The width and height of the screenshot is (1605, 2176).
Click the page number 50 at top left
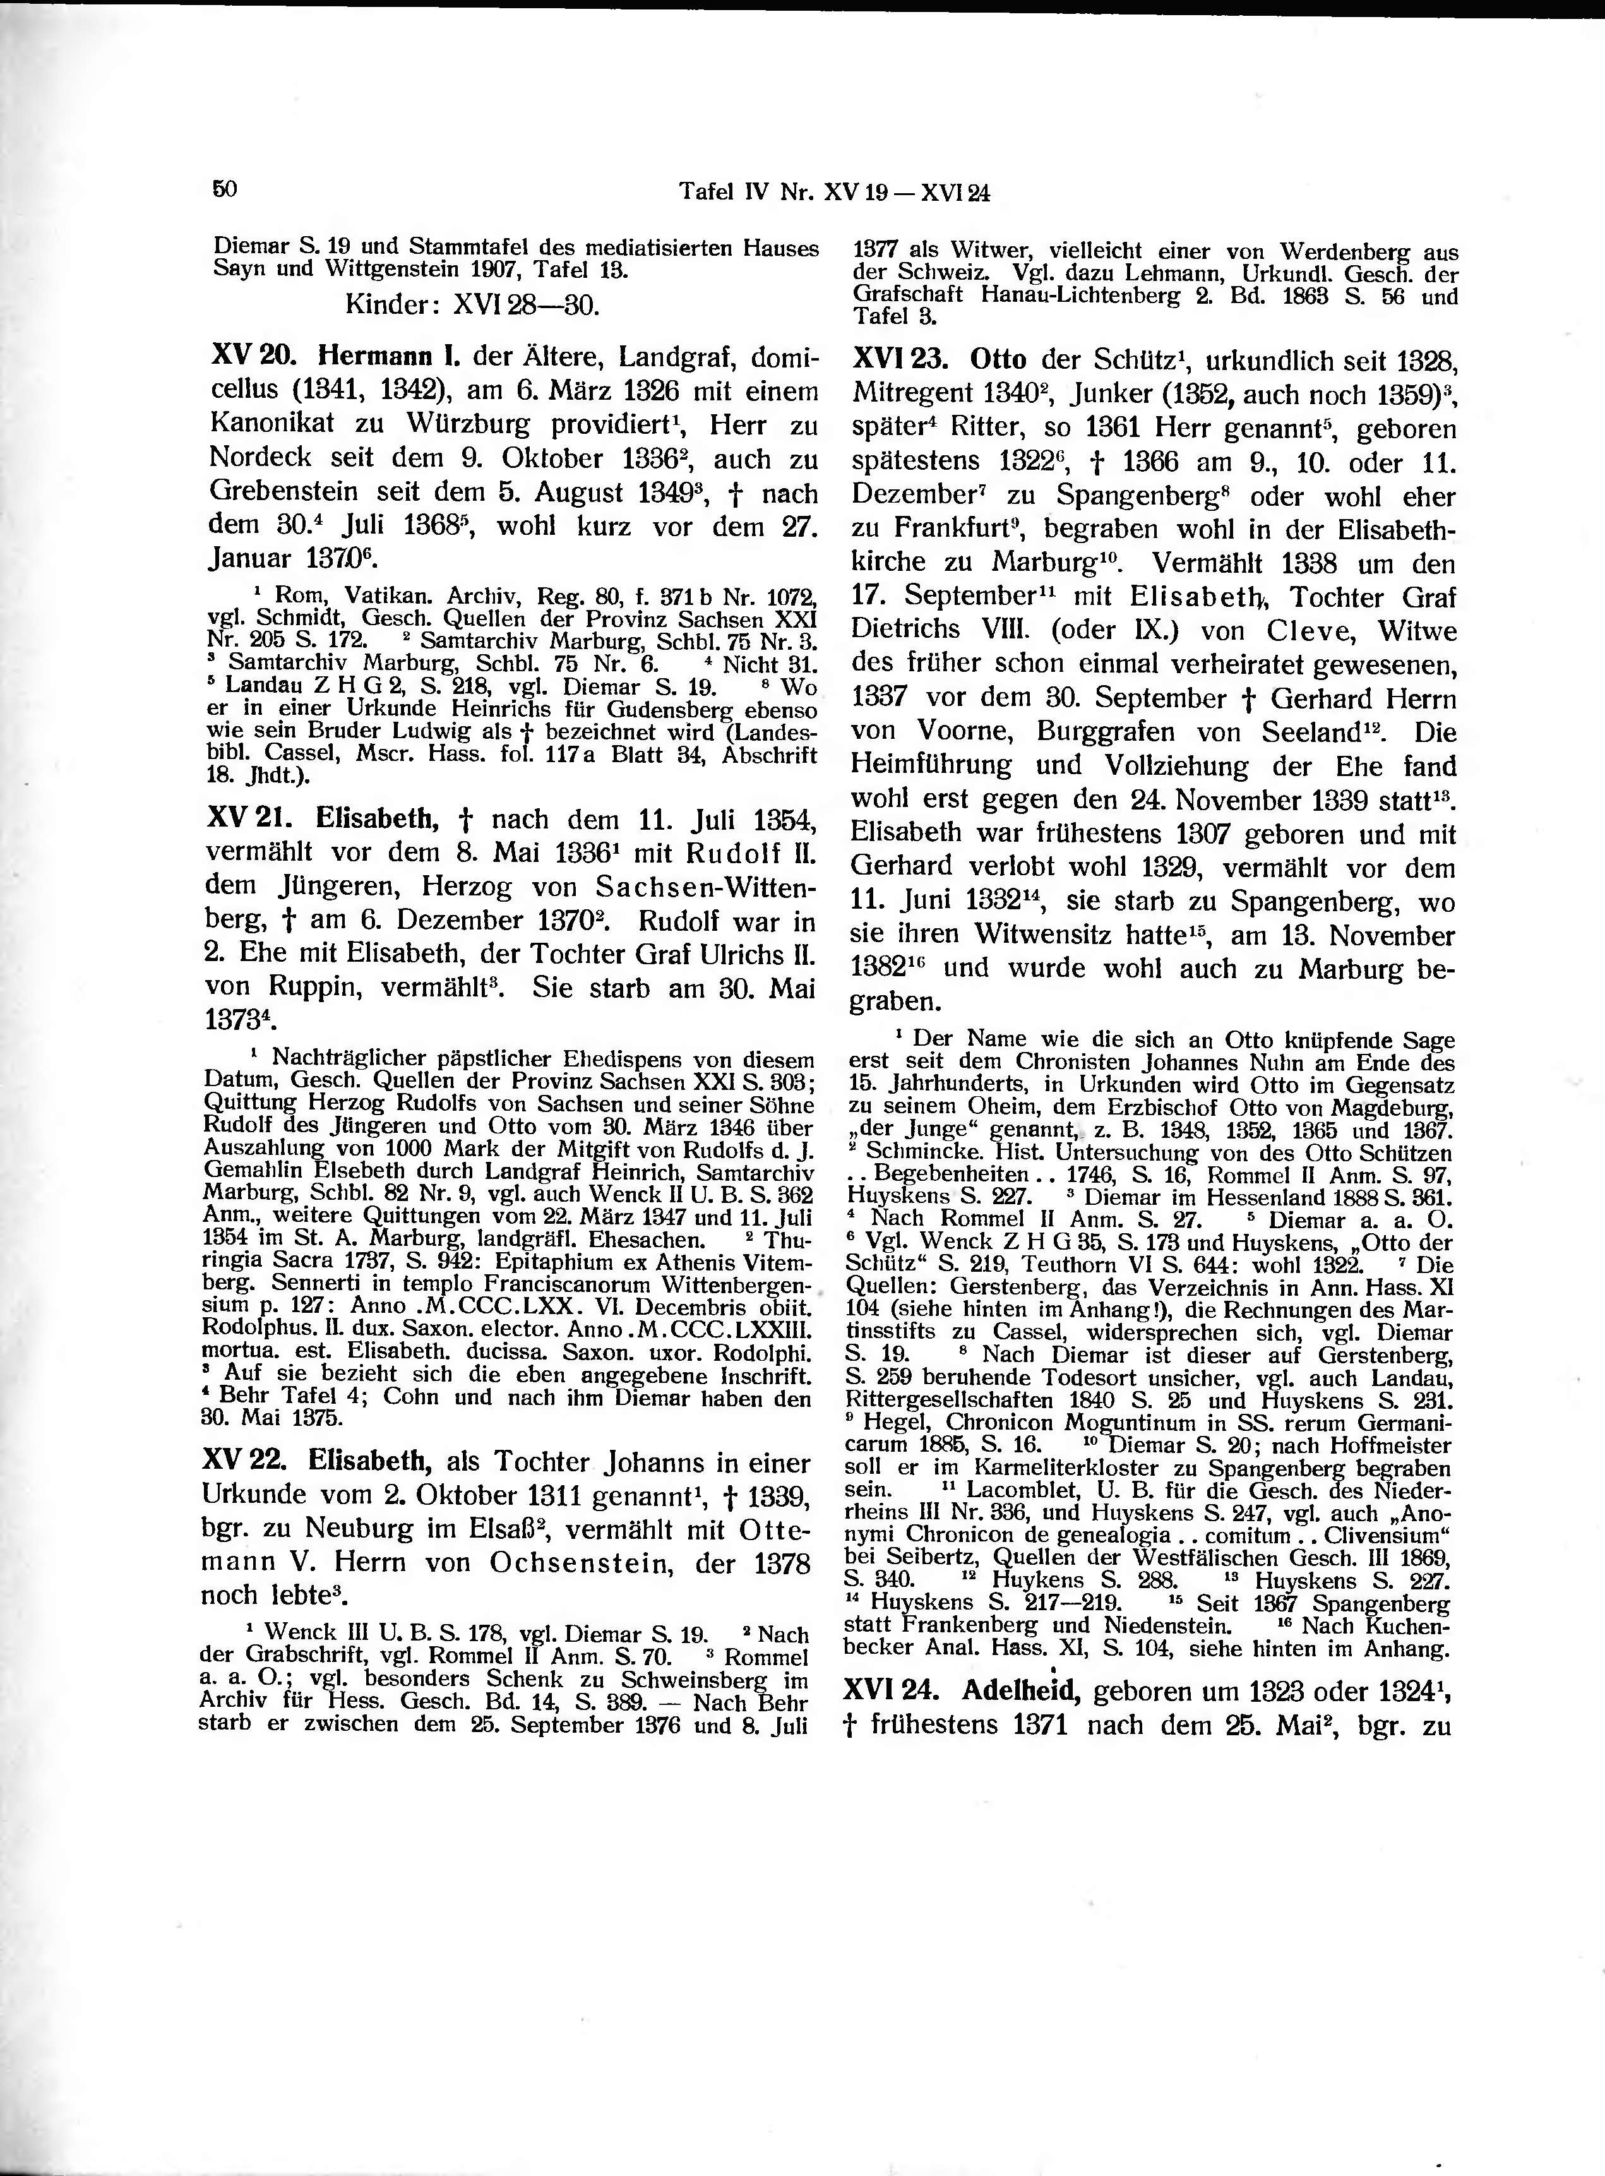point(225,189)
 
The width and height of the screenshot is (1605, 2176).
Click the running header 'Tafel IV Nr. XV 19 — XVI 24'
point(833,193)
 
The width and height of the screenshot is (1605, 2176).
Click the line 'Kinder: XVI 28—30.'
point(472,306)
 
